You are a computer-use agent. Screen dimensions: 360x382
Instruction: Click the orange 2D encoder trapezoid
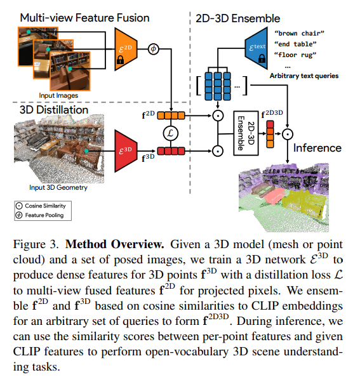[126, 49]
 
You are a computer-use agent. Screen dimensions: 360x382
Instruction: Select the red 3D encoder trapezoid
[126, 151]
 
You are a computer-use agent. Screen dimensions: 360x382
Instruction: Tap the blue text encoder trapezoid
[257, 48]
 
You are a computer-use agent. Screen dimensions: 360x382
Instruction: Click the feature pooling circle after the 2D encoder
[153, 49]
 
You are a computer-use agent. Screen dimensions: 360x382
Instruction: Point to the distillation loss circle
[171, 133]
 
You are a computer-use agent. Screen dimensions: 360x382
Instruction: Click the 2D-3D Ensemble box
[246, 133]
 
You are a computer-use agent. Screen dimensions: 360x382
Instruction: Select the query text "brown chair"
[299, 33]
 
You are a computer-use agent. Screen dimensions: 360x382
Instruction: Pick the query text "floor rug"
[295, 55]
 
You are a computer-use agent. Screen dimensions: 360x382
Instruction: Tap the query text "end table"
[295, 44]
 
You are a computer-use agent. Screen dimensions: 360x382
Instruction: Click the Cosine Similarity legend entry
[41, 206]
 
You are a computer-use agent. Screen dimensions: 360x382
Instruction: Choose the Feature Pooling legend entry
[40, 215]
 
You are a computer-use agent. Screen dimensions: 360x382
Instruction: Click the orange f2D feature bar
[171, 115]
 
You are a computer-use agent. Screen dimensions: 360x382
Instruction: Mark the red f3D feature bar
[171, 151]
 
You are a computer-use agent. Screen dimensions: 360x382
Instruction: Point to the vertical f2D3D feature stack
[270, 135]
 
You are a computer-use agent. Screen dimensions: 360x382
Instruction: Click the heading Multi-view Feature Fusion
[84, 18]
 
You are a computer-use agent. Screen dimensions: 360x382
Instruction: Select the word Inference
[317, 148]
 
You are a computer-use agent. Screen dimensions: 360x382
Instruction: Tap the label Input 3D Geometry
[58, 187]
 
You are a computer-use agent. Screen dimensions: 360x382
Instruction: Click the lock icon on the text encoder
[262, 58]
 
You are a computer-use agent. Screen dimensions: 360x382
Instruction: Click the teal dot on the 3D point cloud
[86, 151]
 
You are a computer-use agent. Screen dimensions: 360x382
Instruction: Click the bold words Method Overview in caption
[114, 244]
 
